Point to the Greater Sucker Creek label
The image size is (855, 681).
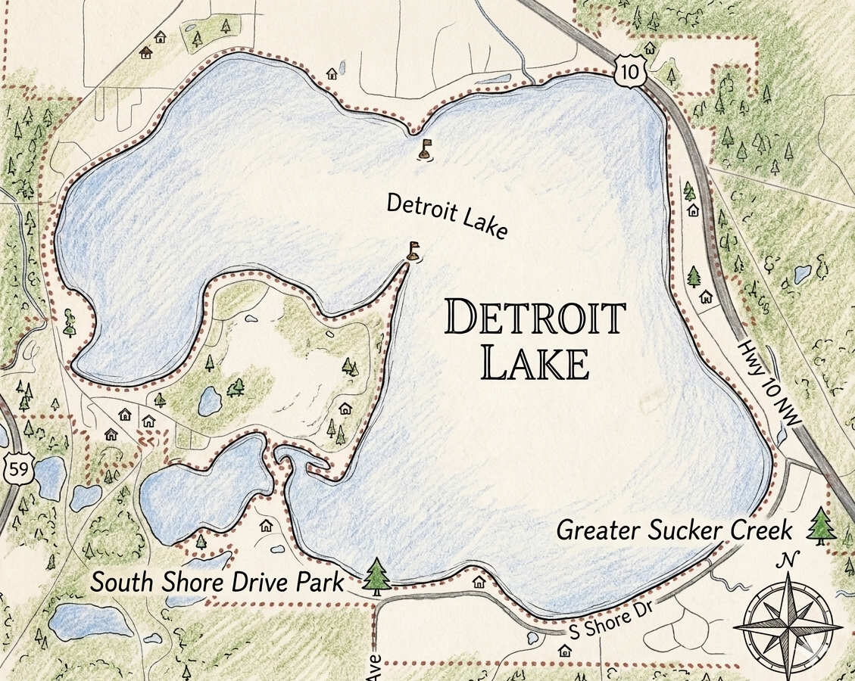click(x=674, y=530)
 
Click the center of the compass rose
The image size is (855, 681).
click(x=788, y=625)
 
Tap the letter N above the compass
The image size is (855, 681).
click(x=789, y=560)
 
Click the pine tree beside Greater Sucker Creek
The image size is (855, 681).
click(x=821, y=525)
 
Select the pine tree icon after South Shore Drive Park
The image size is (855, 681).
click(x=376, y=576)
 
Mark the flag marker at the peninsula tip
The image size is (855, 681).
click(x=413, y=250)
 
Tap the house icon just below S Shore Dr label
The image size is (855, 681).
click(x=564, y=650)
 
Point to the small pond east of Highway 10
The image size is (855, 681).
click(x=802, y=273)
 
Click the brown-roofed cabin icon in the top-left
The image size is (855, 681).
click(x=146, y=52)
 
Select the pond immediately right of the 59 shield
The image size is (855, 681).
click(x=51, y=477)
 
